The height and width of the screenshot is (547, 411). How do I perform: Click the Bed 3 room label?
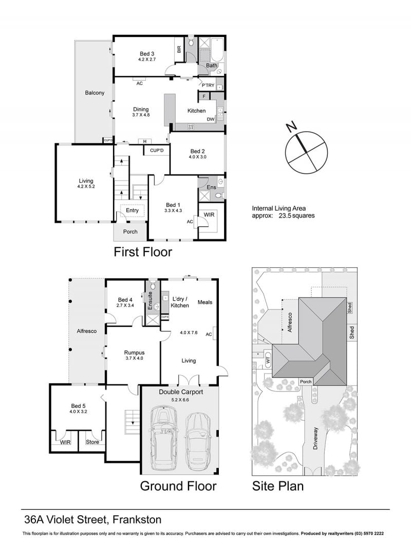coord(146,54)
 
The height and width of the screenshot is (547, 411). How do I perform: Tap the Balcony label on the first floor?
coord(95,93)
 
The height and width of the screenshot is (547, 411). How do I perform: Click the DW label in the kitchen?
coord(211,120)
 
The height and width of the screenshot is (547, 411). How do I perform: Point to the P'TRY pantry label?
coord(208,85)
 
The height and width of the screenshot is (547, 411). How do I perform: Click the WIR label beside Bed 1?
coord(209,214)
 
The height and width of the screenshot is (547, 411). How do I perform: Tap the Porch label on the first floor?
coord(130,231)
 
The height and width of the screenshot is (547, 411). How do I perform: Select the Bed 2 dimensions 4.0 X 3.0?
coord(198,157)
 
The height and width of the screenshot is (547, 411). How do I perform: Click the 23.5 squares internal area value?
coord(296,216)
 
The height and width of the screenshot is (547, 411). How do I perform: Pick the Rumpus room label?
coord(134,353)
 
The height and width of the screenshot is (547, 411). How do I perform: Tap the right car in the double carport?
coord(197,441)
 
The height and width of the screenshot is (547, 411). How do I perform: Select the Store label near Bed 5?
coord(92,442)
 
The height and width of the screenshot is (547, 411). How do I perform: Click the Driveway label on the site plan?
coord(315,438)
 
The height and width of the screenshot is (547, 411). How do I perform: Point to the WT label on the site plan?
coord(268,360)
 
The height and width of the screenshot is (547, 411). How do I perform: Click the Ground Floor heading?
coord(178,486)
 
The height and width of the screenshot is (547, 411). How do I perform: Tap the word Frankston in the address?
coord(137,520)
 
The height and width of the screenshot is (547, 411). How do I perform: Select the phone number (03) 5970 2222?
coord(369,533)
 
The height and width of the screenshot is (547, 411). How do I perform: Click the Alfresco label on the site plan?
coord(290,322)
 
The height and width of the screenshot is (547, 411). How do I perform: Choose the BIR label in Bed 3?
coord(179,50)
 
